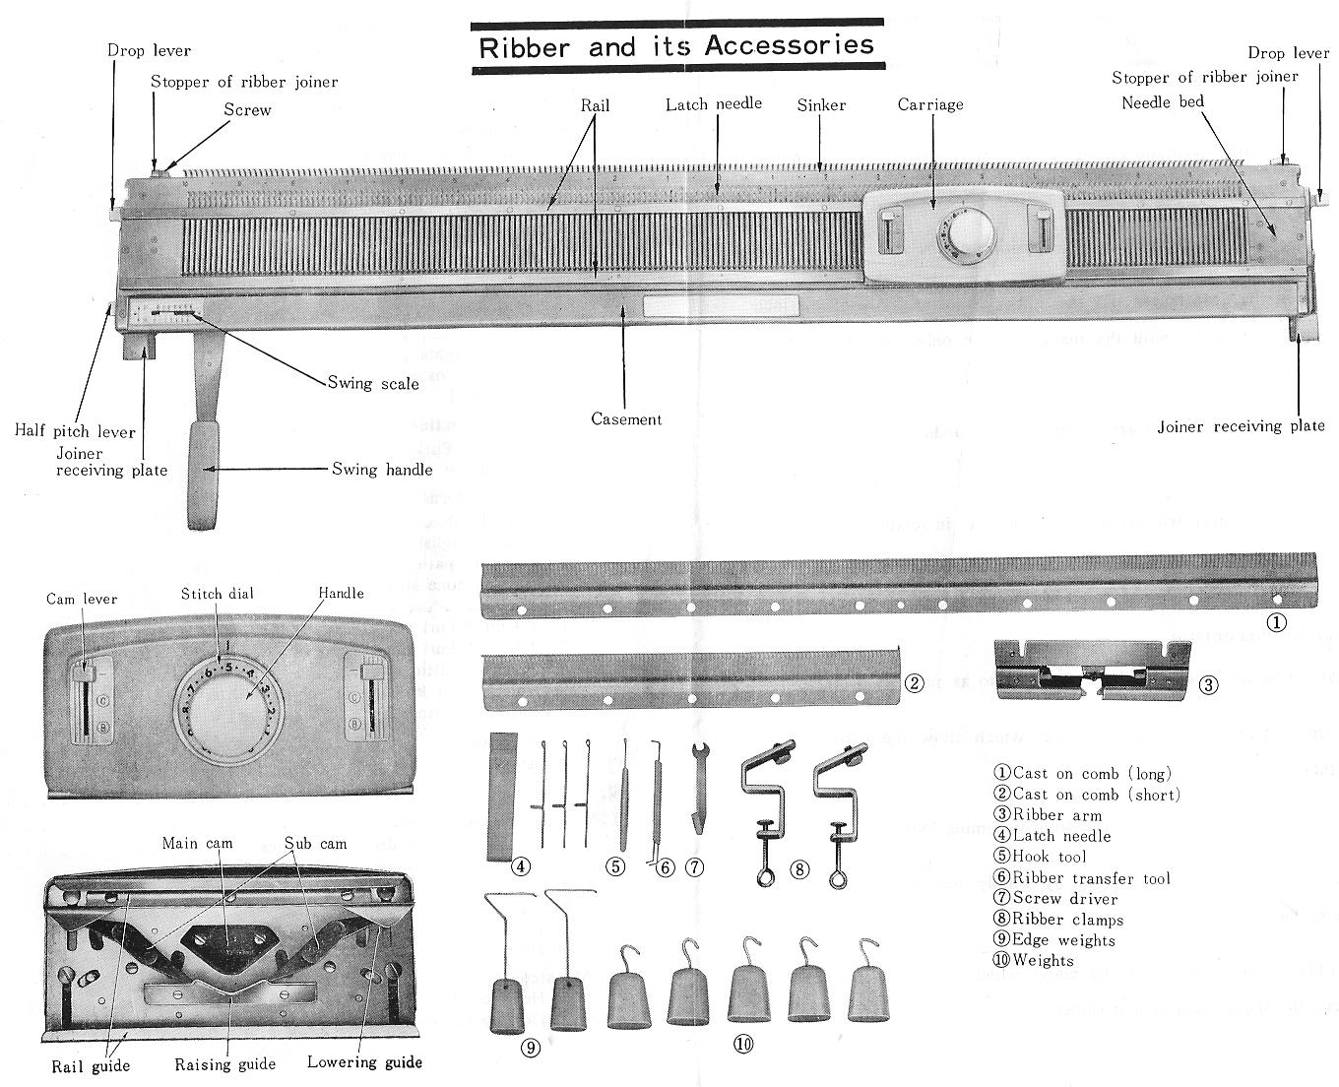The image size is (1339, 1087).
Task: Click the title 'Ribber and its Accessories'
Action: click(676, 45)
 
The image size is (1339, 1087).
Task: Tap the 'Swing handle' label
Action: click(382, 470)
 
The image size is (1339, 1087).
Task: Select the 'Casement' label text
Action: click(626, 419)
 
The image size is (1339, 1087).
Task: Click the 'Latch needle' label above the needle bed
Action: click(713, 103)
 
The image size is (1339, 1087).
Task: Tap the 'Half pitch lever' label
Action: click(75, 431)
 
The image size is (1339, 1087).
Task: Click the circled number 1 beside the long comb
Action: click(1276, 622)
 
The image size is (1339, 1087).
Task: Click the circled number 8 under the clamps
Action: click(799, 868)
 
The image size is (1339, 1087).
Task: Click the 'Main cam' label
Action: click(197, 844)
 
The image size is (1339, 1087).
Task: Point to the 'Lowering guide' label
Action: click(364, 1062)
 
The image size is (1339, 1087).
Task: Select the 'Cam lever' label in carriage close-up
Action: click(82, 599)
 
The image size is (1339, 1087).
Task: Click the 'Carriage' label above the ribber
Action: click(930, 104)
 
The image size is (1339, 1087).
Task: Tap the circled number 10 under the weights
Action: click(743, 1045)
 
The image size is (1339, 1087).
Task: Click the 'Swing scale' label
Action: click(373, 383)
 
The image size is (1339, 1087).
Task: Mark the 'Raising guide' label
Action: click(225, 1064)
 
